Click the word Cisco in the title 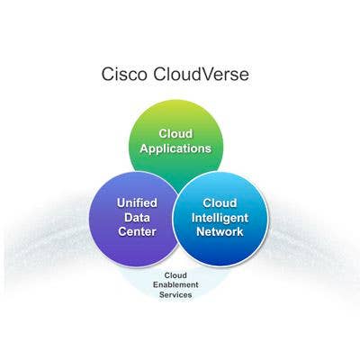click(x=124, y=74)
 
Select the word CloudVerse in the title click(x=201, y=74)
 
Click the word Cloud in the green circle click(x=175, y=133)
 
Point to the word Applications click(x=175, y=148)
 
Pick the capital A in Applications click(x=145, y=148)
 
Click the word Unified click(x=137, y=203)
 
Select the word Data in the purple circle click(x=137, y=218)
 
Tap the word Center click(x=137, y=231)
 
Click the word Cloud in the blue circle click(x=220, y=203)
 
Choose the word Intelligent click(x=220, y=218)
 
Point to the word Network click(x=220, y=231)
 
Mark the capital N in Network click(x=202, y=231)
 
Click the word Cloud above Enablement click(x=175, y=275)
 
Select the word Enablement click(x=175, y=284)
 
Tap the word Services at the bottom click(x=175, y=294)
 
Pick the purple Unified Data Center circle click(x=134, y=220)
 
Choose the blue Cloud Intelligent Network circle click(x=220, y=219)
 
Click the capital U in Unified click(x=121, y=203)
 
